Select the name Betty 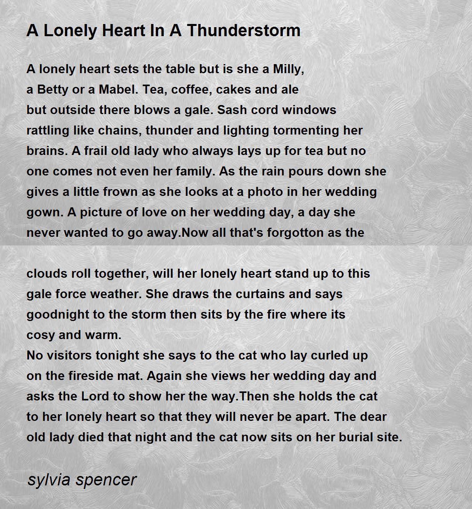[51, 90]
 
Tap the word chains [120, 131]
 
